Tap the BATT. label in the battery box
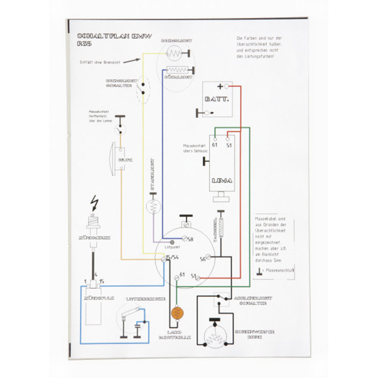(x=217, y=100)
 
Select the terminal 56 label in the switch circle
(x=202, y=259)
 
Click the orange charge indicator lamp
(x=177, y=313)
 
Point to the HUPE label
(x=125, y=160)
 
